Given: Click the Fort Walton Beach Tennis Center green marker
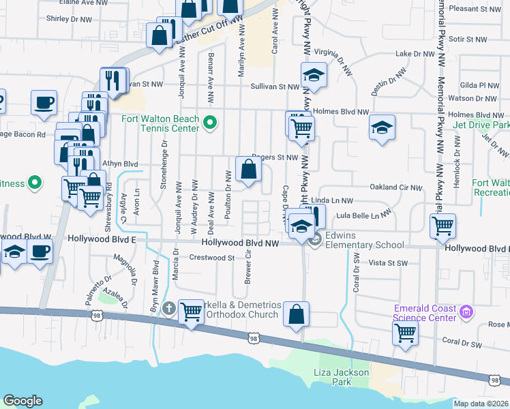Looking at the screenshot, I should tap(211, 123).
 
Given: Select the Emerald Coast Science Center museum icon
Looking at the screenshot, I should tap(467, 313).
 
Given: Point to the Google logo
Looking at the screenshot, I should tap(22, 401).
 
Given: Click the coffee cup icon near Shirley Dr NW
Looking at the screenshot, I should tap(44, 102).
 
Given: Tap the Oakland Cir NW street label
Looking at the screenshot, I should tap(395, 187).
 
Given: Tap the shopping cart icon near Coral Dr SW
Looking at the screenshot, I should tap(405, 334).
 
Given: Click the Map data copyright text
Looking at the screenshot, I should tap(481, 404).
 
